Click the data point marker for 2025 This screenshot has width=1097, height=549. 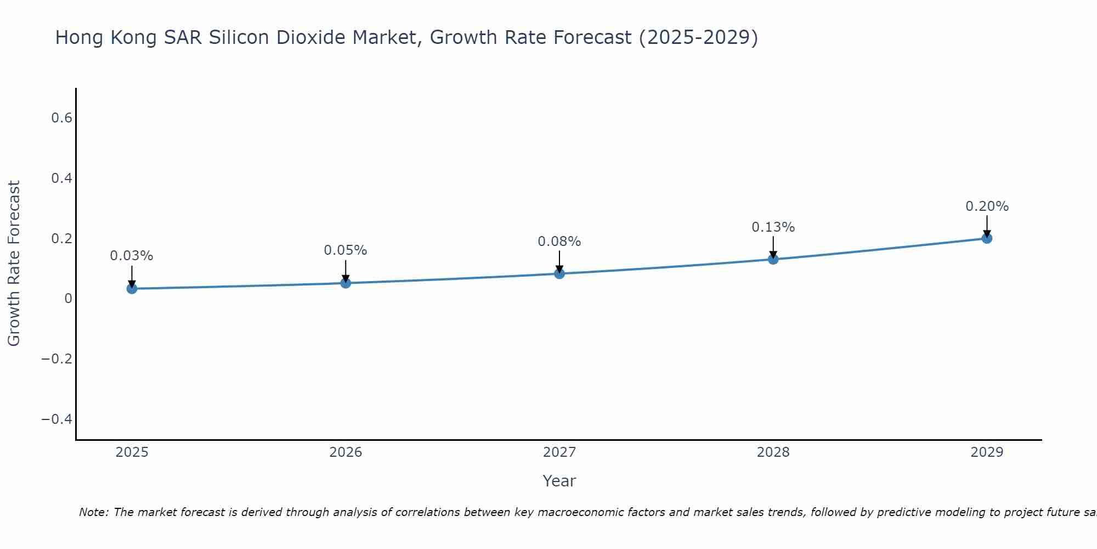[x=132, y=288]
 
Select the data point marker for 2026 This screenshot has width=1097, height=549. [x=346, y=283]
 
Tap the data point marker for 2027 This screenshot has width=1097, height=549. [x=559, y=273]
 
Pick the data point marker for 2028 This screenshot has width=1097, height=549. [x=773, y=259]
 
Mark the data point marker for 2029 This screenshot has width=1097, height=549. [x=987, y=238]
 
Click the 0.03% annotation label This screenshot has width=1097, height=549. [x=132, y=256]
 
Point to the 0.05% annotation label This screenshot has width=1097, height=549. [x=346, y=250]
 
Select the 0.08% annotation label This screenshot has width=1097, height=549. [x=559, y=242]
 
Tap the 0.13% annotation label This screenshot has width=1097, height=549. [x=773, y=227]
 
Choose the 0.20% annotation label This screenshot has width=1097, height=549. [x=987, y=206]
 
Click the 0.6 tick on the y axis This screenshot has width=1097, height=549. [x=62, y=118]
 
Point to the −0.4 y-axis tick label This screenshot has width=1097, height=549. [x=57, y=419]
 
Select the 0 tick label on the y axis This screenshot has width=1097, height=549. [x=68, y=299]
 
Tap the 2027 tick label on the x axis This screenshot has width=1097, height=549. [x=559, y=452]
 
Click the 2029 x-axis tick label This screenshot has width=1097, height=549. [x=987, y=452]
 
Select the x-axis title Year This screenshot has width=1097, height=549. [x=559, y=481]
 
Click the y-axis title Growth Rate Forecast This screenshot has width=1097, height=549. [x=14, y=264]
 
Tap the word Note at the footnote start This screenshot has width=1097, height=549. [x=94, y=512]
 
